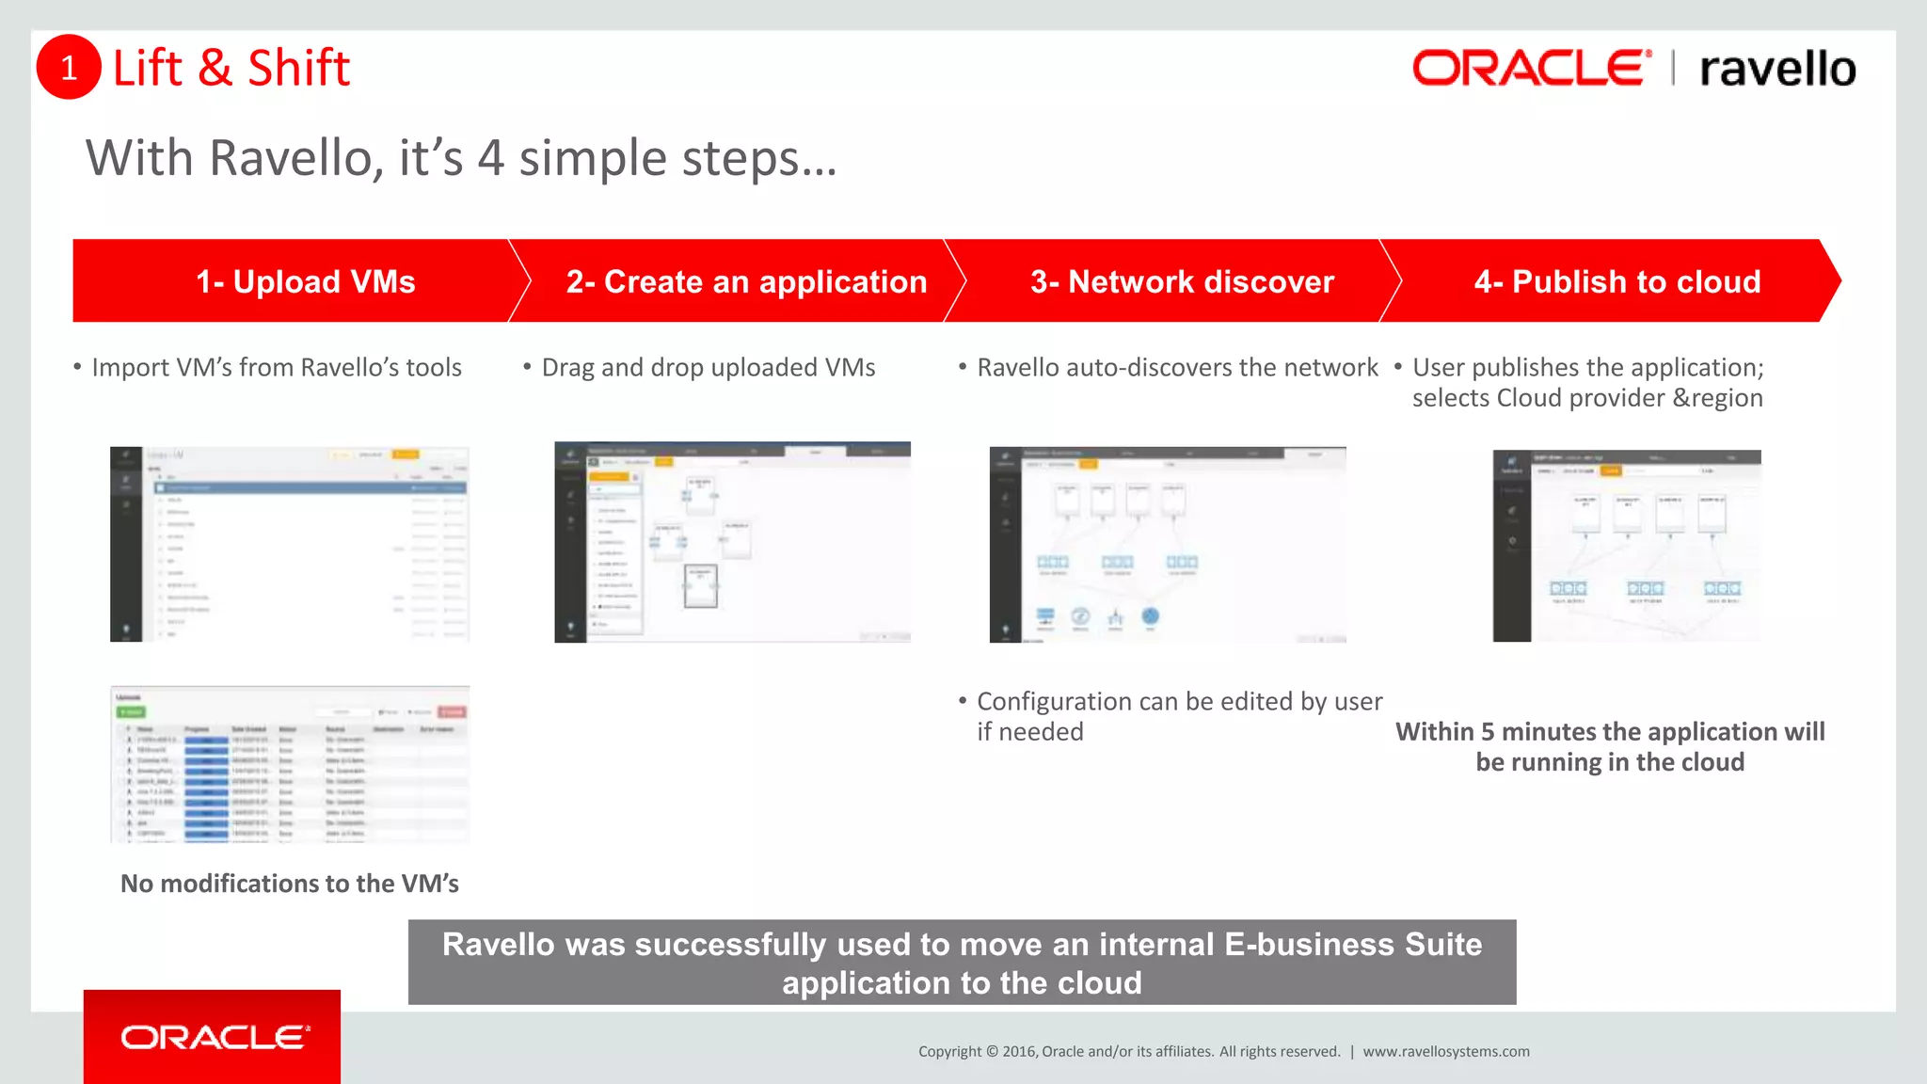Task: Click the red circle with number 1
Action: tap(69, 67)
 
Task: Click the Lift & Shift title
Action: tap(231, 69)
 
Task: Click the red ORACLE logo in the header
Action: tap(1531, 69)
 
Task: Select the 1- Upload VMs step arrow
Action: tap(305, 281)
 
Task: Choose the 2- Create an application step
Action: tap(745, 281)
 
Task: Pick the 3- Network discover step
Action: tap(1182, 281)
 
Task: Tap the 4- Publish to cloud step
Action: tap(1616, 281)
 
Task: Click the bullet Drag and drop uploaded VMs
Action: tap(708, 368)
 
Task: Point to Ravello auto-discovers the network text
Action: tap(1176, 368)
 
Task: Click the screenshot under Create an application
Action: tap(732, 542)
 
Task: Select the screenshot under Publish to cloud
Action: tap(1626, 546)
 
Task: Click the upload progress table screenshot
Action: tap(290, 764)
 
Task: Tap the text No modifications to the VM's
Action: tap(290, 884)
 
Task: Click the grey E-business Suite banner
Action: tap(962, 963)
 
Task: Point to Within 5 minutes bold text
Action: tap(1609, 746)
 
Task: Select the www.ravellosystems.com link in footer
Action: tap(1445, 1052)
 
